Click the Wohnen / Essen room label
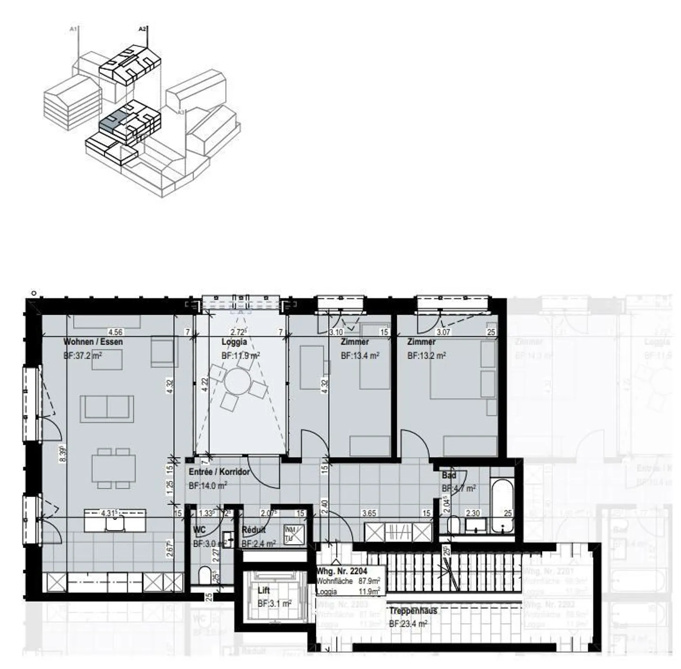[x=93, y=342]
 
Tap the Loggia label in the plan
[x=234, y=342]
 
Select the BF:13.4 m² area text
[x=360, y=355]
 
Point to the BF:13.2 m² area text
[x=427, y=355]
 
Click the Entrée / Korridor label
[x=219, y=472]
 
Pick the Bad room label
[x=449, y=475]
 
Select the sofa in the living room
[x=107, y=409]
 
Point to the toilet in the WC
[x=205, y=576]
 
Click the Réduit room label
[x=253, y=530]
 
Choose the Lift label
[x=264, y=591]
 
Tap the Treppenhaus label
[x=413, y=611]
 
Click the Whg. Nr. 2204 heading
[x=341, y=571]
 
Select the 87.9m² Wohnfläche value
[x=370, y=581]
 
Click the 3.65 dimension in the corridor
[x=369, y=513]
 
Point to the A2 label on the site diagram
[x=142, y=29]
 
